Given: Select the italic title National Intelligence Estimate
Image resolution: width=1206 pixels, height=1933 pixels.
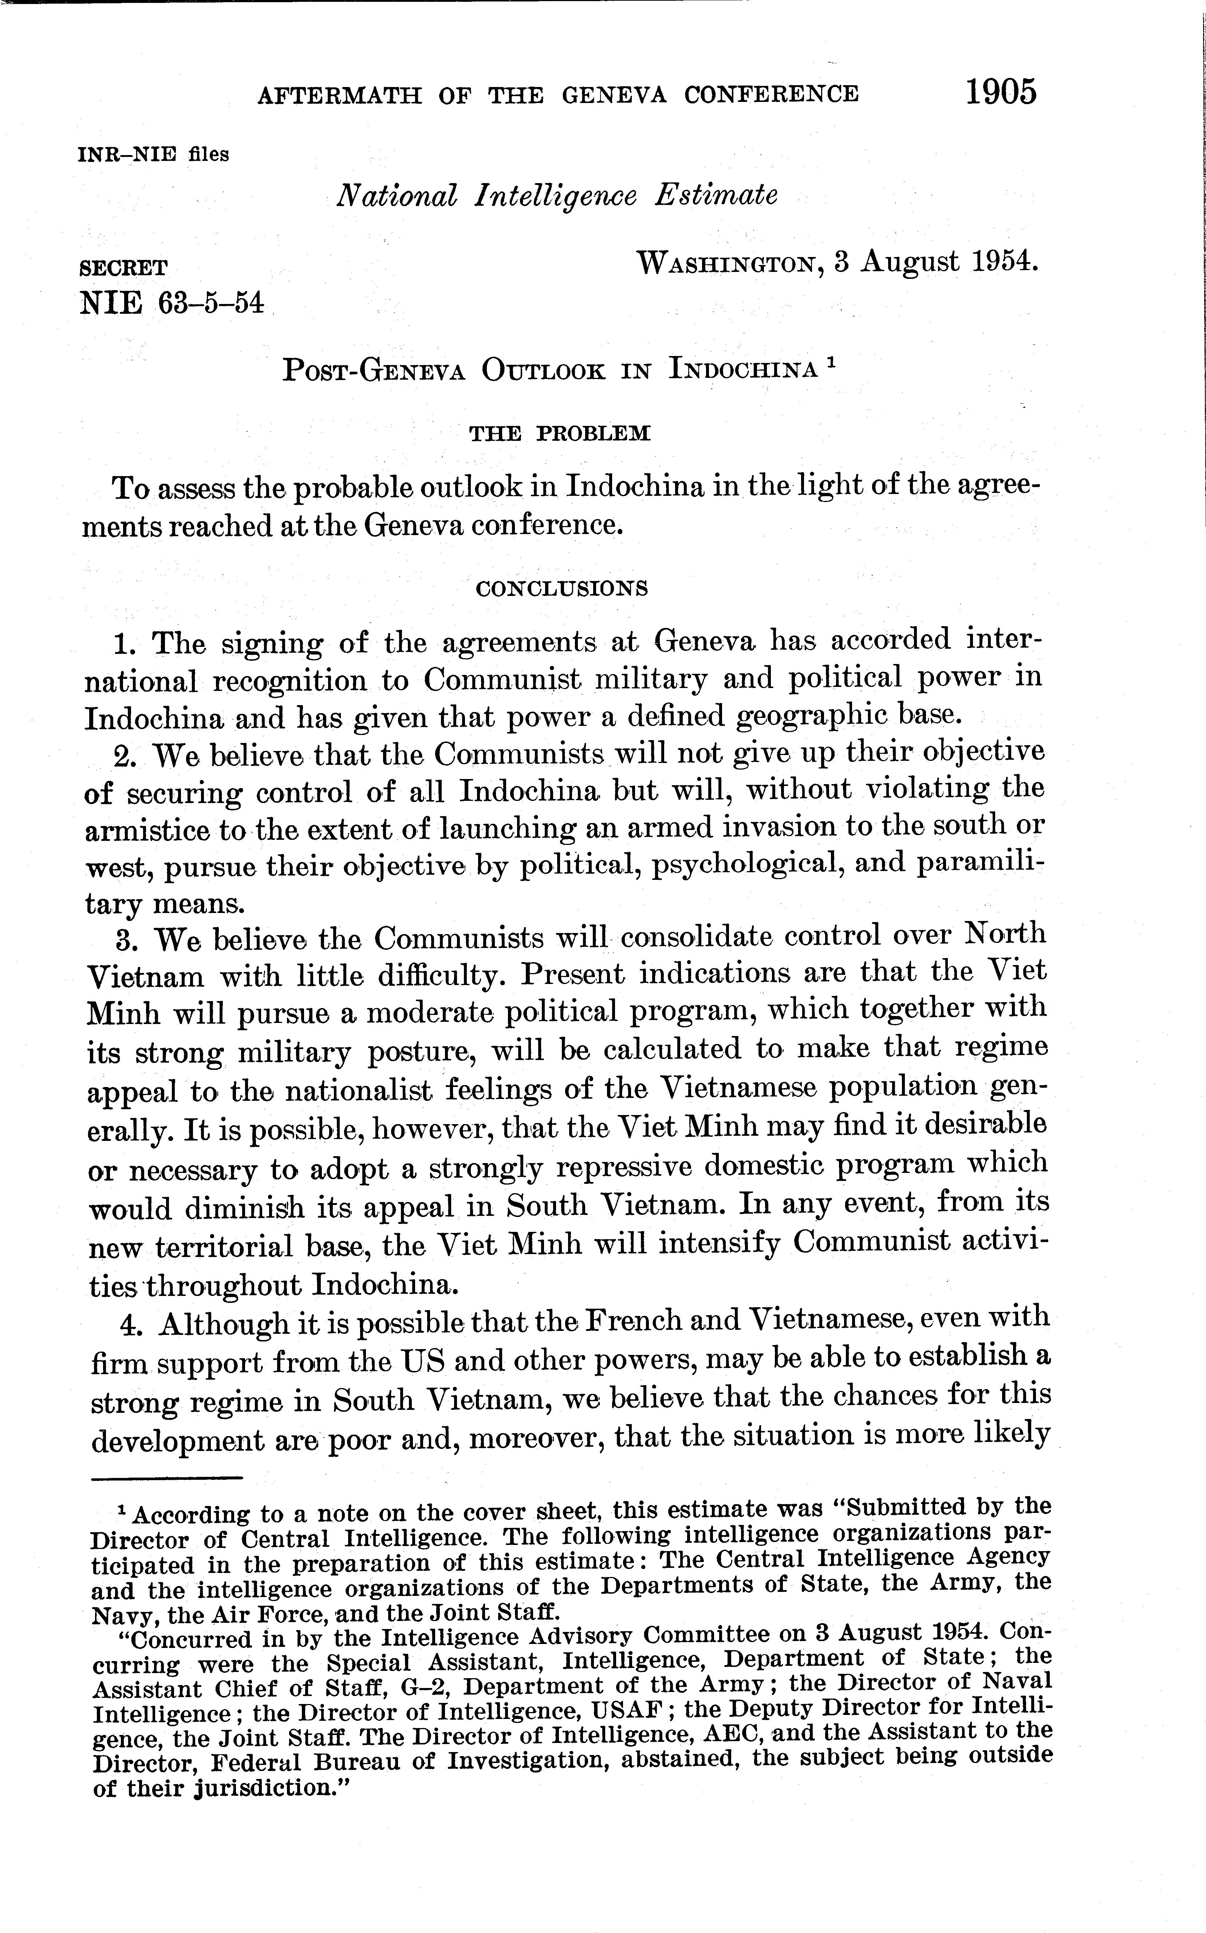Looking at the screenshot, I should (x=557, y=195).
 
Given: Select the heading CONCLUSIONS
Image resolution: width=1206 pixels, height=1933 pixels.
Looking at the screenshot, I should (x=561, y=589).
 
